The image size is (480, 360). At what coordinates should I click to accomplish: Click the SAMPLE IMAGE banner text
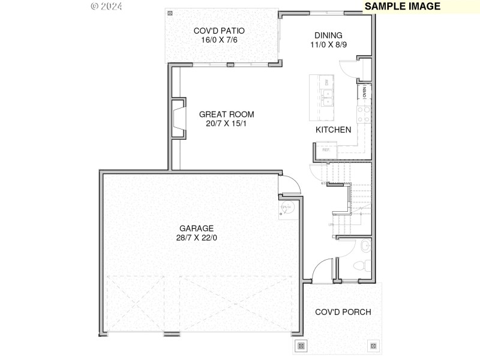click(403, 7)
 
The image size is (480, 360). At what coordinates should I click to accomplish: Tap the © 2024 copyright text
click(107, 7)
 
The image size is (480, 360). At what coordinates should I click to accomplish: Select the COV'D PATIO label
click(219, 31)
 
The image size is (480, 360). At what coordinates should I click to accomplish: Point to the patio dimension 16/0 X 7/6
click(219, 40)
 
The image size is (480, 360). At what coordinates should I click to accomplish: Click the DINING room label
click(328, 35)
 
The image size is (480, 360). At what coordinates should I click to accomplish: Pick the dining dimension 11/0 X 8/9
click(328, 44)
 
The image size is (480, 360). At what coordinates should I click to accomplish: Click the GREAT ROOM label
click(226, 114)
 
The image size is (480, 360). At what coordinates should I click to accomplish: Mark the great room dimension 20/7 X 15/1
click(226, 124)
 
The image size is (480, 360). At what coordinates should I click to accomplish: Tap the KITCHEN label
click(333, 130)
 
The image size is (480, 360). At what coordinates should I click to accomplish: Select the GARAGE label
click(196, 228)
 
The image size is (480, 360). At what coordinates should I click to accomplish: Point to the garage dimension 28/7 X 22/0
click(196, 238)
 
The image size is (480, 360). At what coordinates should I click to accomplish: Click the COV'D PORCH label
click(343, 312)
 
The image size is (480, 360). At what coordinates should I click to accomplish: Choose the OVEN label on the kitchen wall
click(364, 92)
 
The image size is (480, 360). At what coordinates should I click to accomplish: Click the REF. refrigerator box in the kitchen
click(326, 149)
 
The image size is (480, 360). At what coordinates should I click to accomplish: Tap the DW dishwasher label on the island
click(326, 82)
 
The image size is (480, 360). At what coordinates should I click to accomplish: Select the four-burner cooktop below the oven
click(363, 113)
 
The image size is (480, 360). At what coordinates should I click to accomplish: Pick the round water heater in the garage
click(286, 207)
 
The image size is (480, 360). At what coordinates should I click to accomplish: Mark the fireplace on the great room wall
click(178, 118)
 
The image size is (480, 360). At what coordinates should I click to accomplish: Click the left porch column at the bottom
click(301, 346)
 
